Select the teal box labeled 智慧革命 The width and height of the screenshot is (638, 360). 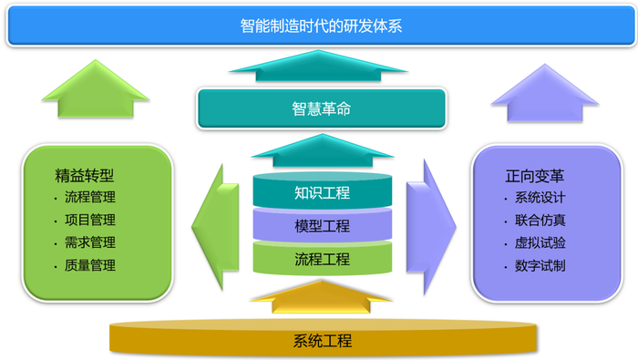321,109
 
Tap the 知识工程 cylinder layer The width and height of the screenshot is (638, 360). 321,192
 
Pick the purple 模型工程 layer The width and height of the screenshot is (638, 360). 321,226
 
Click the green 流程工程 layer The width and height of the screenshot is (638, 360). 321,259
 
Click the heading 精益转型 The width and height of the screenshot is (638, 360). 89,173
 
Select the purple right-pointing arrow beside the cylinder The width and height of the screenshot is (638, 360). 431,225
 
